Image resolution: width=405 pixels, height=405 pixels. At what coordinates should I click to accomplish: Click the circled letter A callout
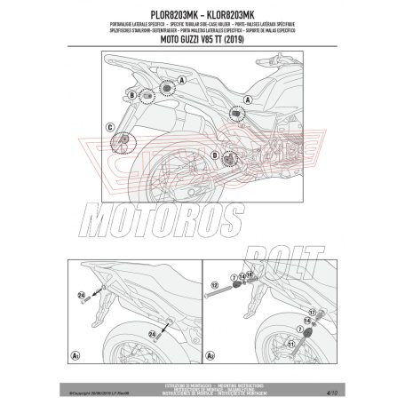pyautogui.click(x=183, y=80)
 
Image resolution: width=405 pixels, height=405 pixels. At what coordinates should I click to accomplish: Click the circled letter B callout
pyautogui.click(x=131, y=93)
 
